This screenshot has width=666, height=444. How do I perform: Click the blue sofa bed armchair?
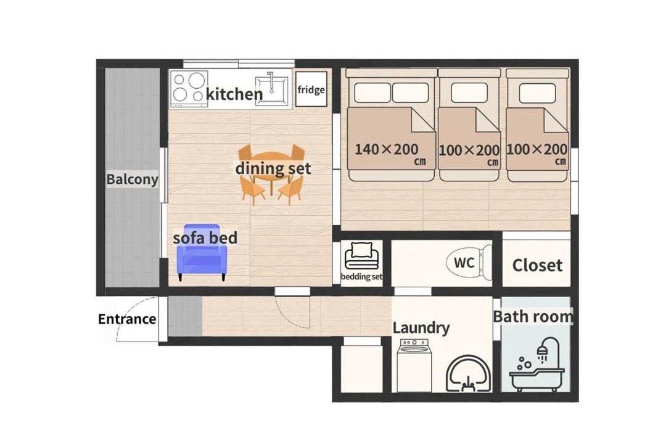pos(202,252)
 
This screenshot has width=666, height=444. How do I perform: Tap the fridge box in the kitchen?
pos(311,89)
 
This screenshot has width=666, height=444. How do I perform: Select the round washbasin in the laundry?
pos(469,373)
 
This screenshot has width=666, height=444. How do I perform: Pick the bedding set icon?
pos(361,256)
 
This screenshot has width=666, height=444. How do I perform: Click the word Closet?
pos(537,265)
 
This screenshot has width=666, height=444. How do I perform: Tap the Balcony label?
pos(132,179)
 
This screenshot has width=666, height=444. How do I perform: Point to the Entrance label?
pos(127,319)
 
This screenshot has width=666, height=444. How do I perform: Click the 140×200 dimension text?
pos(387,149)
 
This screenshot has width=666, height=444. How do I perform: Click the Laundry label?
pos(421,327)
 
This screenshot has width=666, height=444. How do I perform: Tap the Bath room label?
pos(533,316)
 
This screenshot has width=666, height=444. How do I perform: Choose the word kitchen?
pos(234,94)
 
